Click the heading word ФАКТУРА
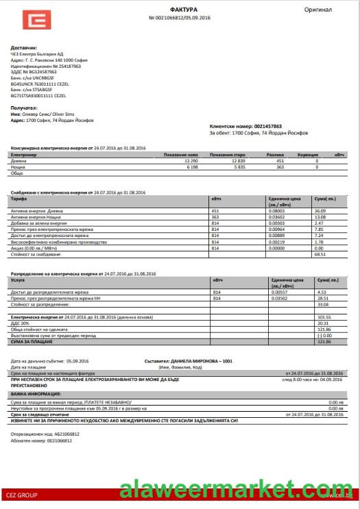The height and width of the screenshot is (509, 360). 179,8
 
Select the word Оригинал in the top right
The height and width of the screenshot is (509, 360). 318,10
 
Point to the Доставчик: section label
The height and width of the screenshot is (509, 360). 25,48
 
